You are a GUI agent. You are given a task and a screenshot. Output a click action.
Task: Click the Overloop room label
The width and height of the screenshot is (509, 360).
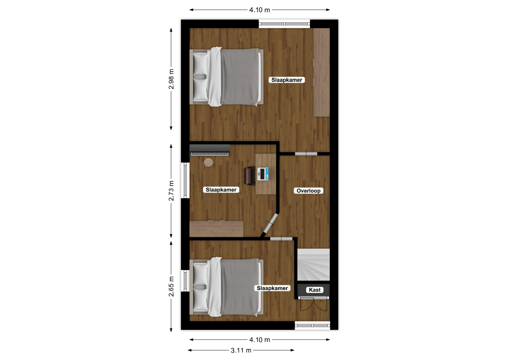click(308, 191)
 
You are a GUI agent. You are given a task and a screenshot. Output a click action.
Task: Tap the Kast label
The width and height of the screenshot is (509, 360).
click(315, 290)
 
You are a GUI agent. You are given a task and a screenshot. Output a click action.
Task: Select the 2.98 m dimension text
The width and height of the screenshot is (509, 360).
click(171, 79)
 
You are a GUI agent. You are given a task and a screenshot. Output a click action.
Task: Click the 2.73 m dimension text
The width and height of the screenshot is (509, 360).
click(171, 191)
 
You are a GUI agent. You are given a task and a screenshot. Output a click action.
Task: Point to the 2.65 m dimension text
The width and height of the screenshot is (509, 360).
click(171, 286)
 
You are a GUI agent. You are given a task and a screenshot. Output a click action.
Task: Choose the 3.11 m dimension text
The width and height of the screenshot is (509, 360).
click(241, 350)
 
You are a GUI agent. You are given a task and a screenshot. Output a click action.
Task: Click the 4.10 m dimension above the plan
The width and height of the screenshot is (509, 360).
click(260, 10)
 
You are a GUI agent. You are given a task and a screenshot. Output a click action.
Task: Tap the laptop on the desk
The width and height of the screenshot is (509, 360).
click(263, 174)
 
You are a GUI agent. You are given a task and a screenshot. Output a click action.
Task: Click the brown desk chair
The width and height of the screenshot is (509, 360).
click(250, 175)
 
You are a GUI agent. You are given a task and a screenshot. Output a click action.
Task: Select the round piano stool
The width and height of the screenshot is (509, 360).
click(208, 162)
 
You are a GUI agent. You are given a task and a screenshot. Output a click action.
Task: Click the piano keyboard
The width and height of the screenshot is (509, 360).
click(210, 151)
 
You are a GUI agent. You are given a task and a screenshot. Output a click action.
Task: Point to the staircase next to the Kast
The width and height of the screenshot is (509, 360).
click(313, 265)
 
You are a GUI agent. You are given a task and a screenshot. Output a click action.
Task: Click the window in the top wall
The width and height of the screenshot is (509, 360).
click(284, 24)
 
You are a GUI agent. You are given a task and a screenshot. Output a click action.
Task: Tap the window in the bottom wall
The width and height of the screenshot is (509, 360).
click(312, 326)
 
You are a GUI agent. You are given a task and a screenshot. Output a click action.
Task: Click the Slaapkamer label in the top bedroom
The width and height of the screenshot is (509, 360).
click(287, 80)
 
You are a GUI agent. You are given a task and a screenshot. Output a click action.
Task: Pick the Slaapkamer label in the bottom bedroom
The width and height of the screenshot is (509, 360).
click(272, 288)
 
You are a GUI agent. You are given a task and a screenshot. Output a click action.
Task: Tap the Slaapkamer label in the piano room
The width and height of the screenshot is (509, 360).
click(221, 190)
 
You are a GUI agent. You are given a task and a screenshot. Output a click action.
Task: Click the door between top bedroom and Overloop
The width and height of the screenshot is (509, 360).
click(306, 154)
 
